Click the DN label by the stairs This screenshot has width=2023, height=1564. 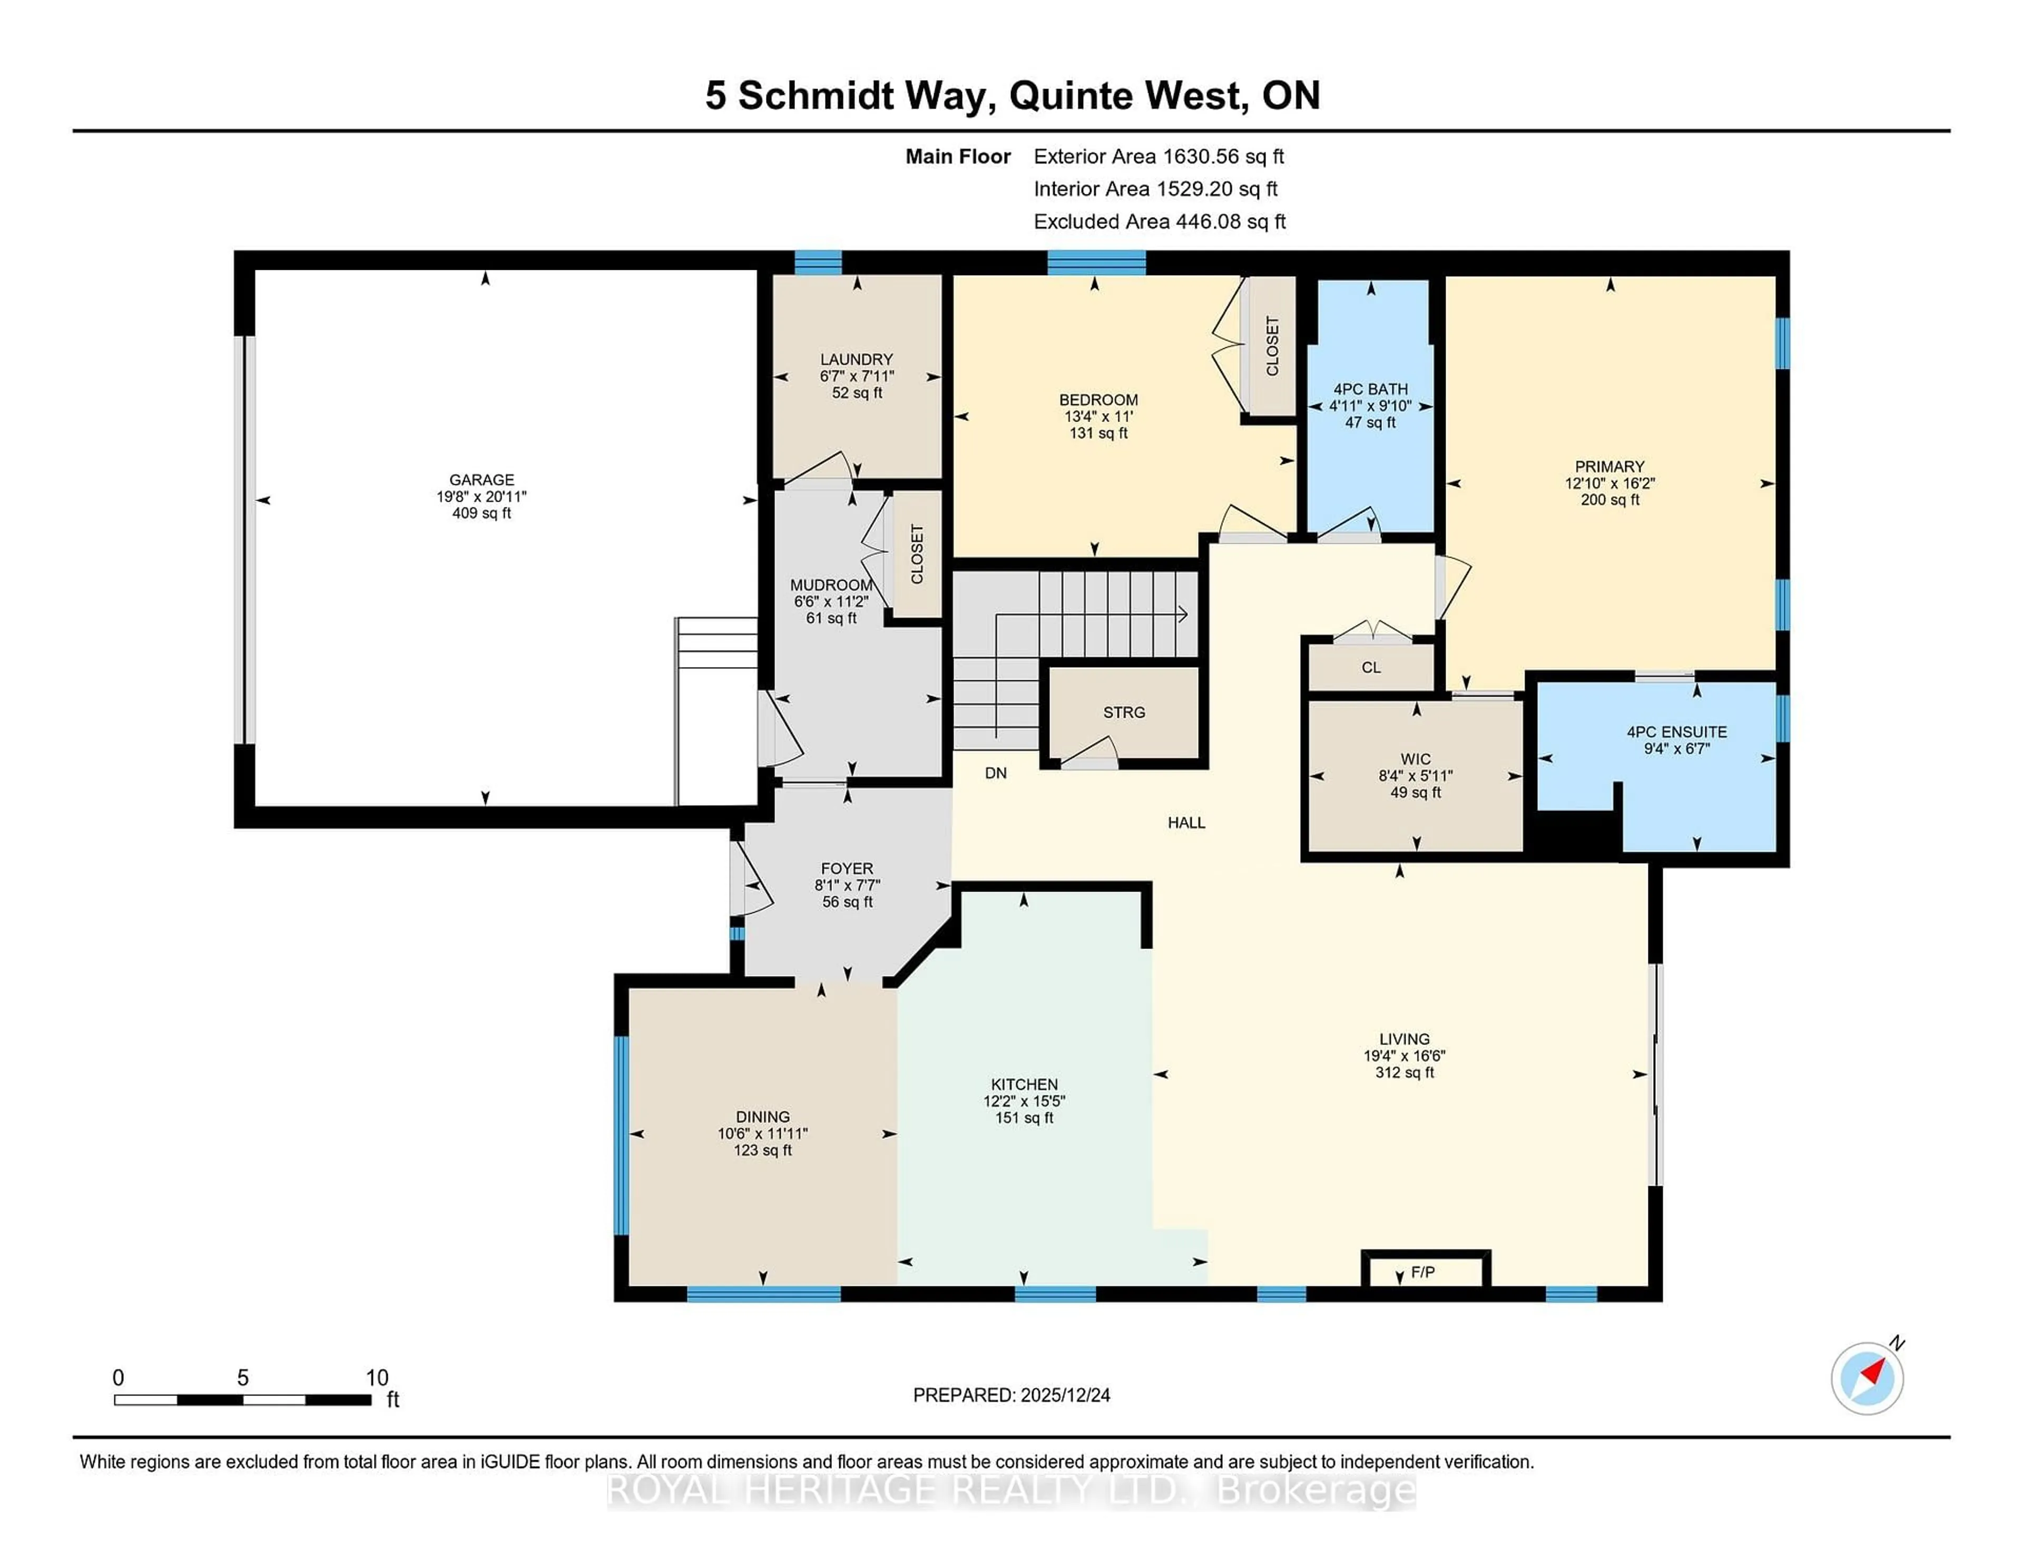pyautogui.click(x=996, y=773)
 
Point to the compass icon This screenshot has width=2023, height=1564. pyautogui.click(x=1867, y=1379)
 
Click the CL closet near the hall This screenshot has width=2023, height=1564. pyautogui.click(x=1371, y=667)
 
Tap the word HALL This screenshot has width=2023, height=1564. pyautogui.click(x=1186, y=823)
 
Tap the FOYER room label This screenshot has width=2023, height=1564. pyautogui.click(x=847, y=869)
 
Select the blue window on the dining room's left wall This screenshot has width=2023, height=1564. pyautogui.click(x=622, y=1135)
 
